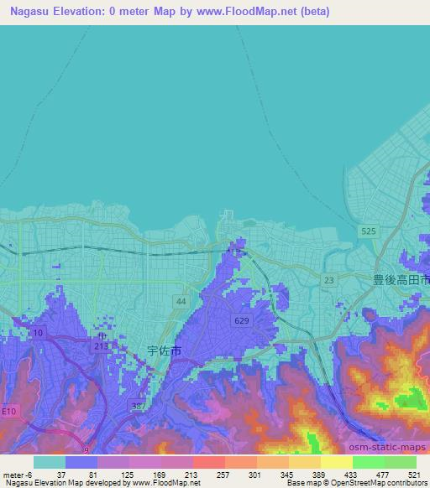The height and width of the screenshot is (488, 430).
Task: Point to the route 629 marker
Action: pyautogui.click(x=242, y=319)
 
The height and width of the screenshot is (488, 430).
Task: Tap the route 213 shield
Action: pyautogui.click(x=101, y=344)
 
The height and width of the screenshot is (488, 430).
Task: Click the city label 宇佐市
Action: pyautogui.click(x=164, y=351)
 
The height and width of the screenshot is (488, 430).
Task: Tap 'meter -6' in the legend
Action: pyautogui.click(x=17, y=475)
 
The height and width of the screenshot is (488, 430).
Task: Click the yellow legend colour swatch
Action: pyautogui.click(x=336, y=462)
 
